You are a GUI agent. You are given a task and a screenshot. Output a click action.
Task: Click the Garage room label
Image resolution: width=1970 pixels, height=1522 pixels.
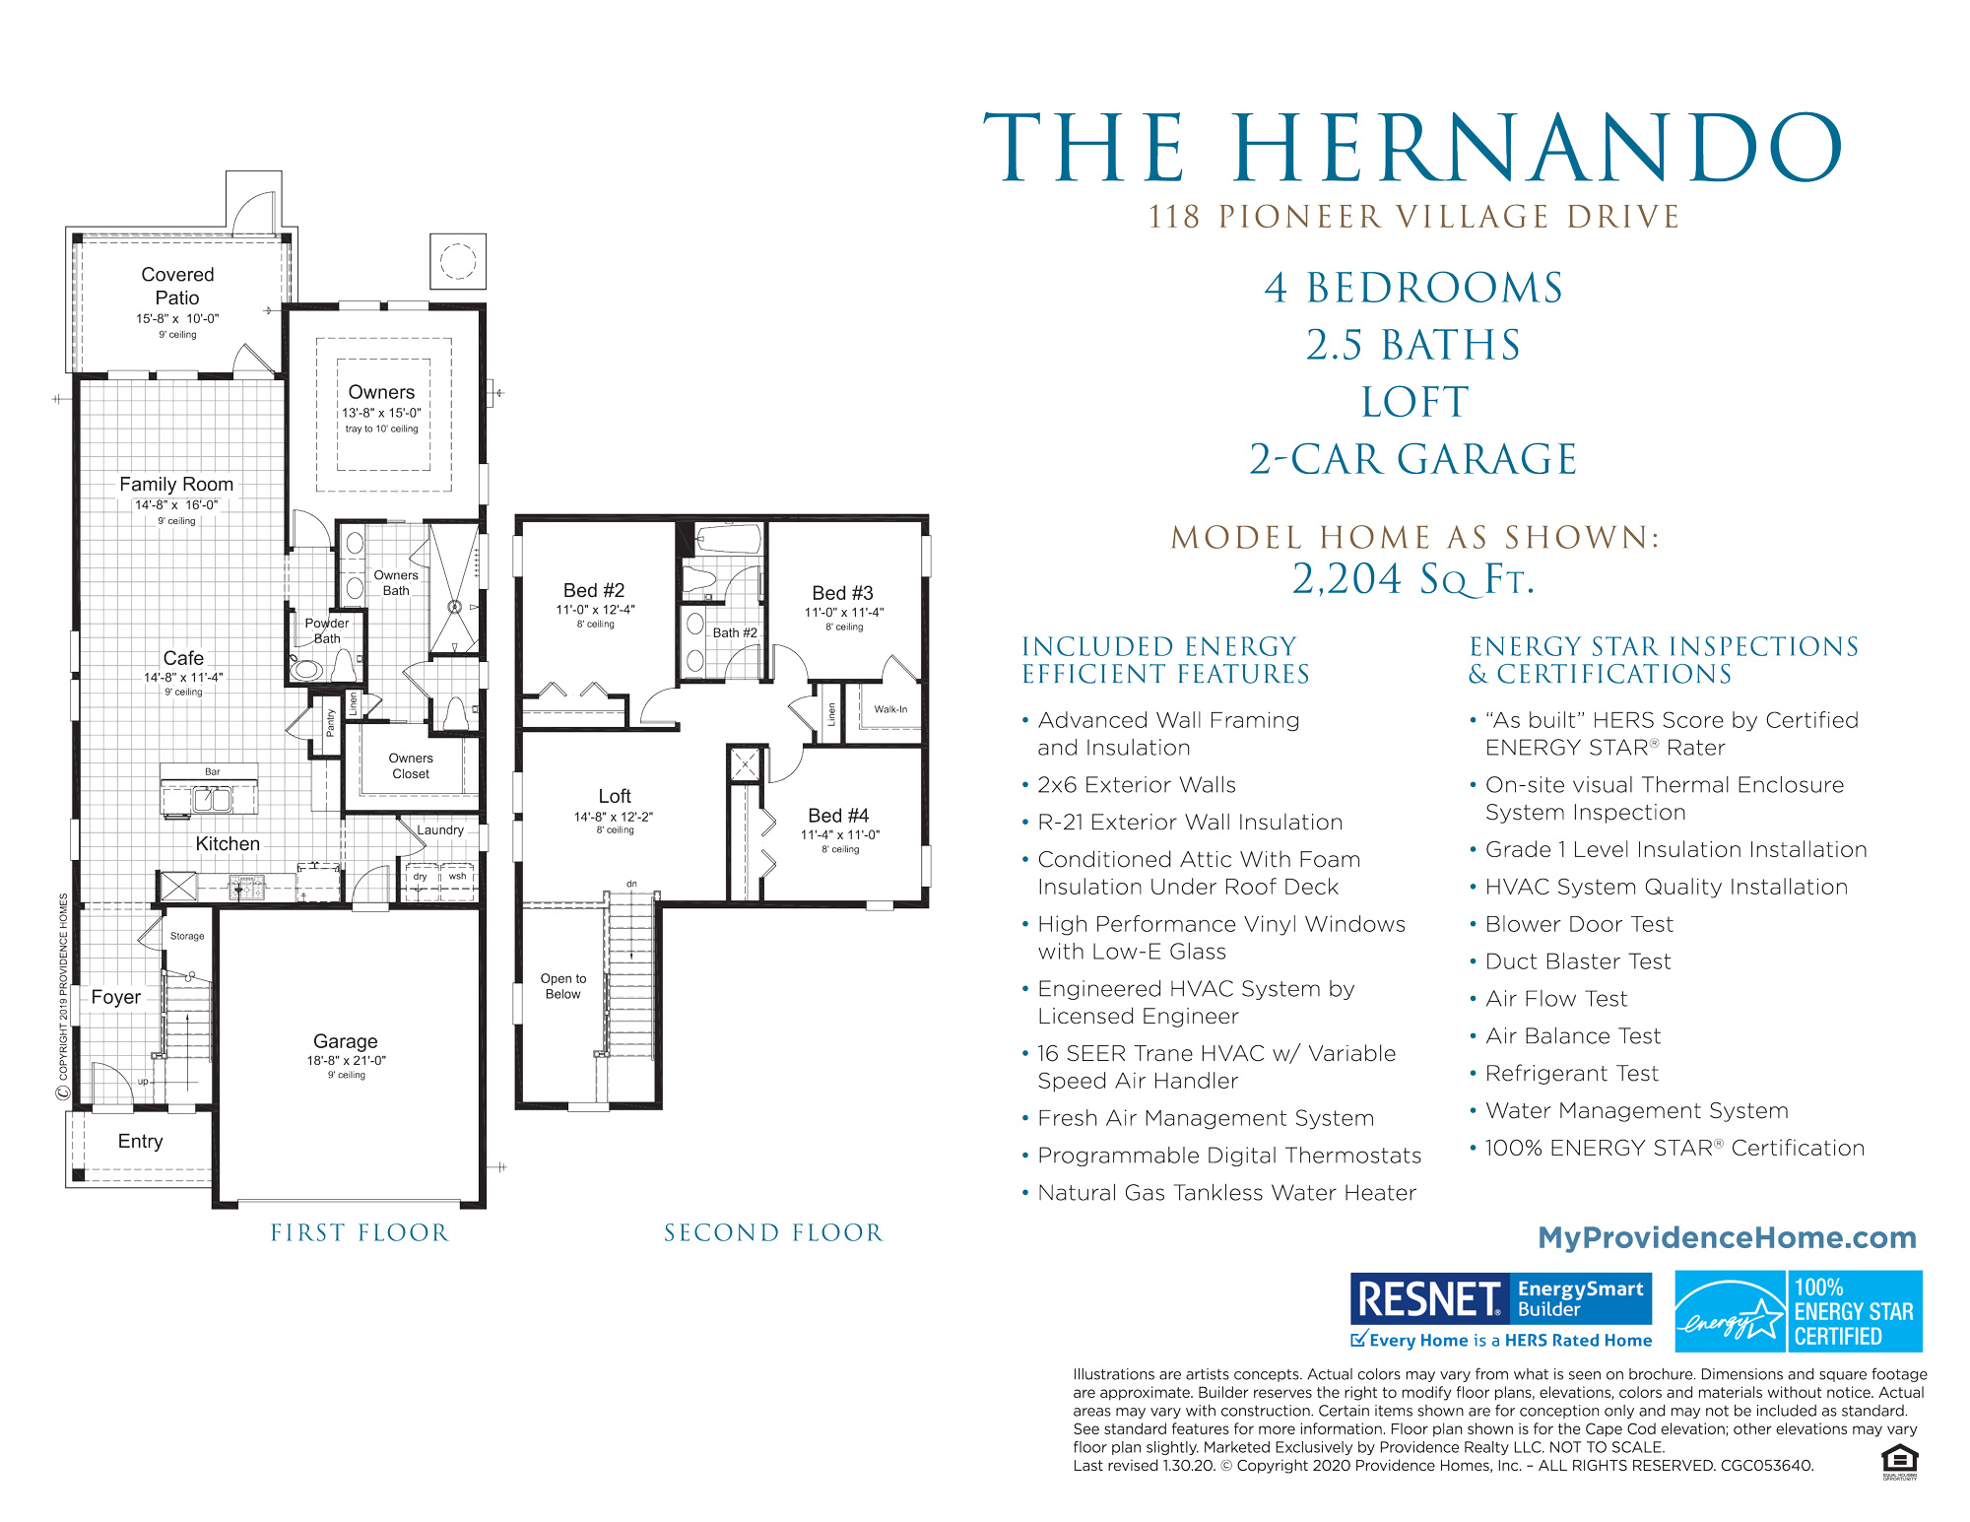coord(345,1041)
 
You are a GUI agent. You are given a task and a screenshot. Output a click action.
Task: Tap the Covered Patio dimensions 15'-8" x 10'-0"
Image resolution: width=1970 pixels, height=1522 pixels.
coord(177,319)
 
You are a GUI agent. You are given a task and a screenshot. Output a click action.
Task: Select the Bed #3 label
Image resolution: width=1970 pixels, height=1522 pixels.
coord(842,593)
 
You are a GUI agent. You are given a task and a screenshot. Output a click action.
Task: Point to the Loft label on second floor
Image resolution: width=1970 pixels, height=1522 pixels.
coord(615,796)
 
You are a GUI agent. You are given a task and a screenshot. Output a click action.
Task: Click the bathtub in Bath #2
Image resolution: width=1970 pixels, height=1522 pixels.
coord(728,540)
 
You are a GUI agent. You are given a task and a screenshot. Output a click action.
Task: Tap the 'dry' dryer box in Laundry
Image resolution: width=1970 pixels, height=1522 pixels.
coord(421,877)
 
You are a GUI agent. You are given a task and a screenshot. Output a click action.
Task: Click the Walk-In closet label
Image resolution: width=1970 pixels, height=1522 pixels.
coord(890,709)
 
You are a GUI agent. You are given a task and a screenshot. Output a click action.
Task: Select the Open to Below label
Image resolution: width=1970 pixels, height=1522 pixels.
coord(563,986)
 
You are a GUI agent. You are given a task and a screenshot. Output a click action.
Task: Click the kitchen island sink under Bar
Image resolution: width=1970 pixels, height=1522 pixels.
coord(212,799)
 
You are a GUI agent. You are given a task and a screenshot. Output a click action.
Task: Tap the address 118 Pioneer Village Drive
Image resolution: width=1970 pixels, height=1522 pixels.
coord(1414,217)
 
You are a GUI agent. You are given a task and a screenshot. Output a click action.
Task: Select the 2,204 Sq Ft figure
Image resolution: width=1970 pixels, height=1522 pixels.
coord(1414,579)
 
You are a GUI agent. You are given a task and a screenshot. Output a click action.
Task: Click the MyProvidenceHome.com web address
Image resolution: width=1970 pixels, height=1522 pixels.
coord(1727,1237)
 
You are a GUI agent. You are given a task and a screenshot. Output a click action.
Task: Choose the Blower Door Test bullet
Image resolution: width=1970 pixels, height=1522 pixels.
coord(1579,924)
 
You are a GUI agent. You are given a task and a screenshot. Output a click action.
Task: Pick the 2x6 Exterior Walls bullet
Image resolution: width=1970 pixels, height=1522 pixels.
coord(1136,785)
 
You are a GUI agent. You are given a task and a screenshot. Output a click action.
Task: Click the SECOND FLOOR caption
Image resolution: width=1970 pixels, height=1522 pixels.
coord(773,1232)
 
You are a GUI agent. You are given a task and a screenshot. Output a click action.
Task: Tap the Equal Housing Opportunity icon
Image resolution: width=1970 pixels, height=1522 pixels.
coord(1899,1459)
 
